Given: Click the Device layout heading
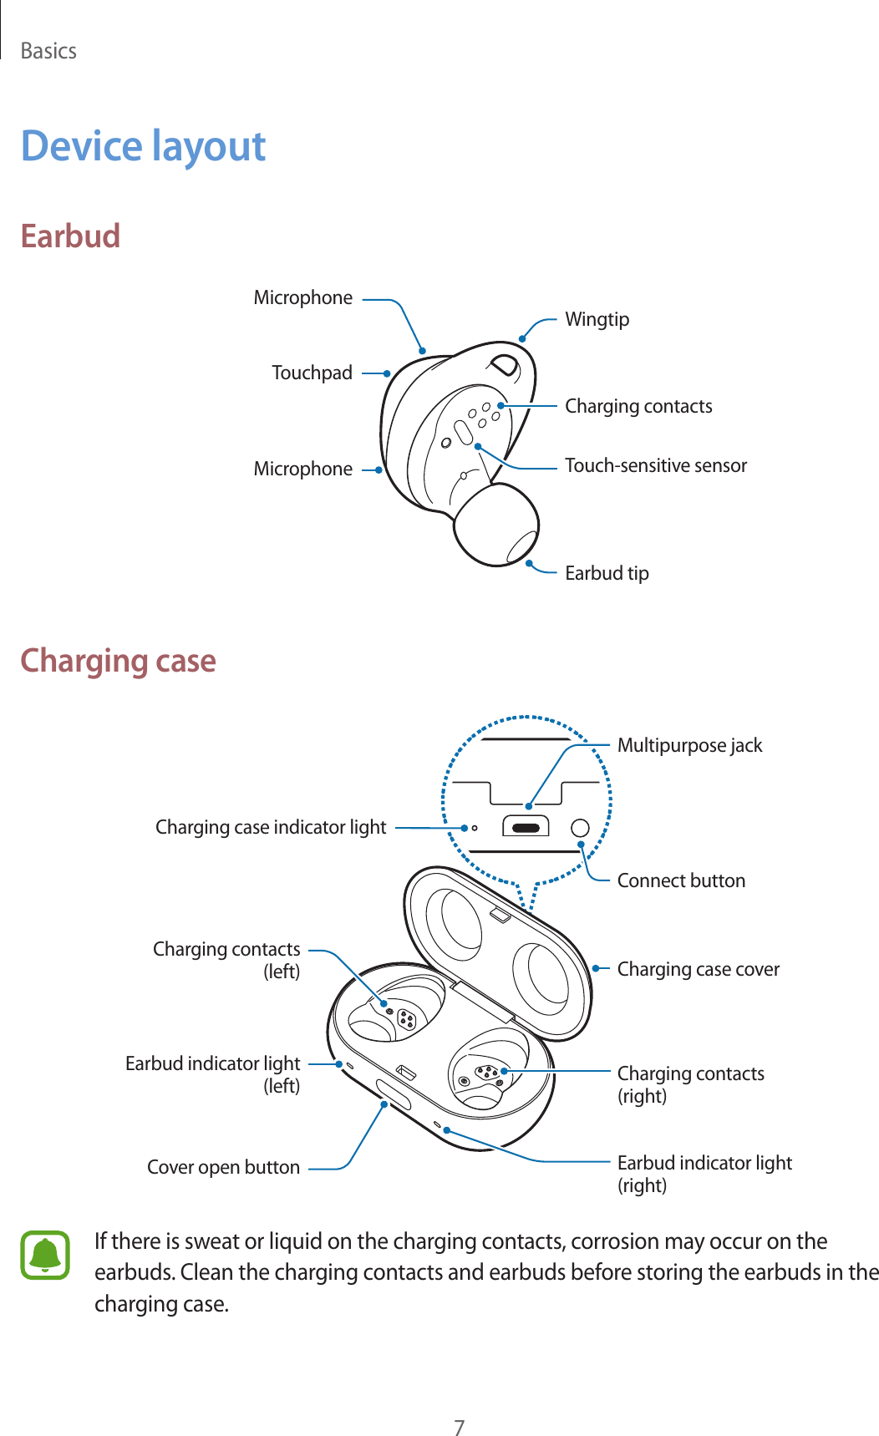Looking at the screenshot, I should pos(143,147).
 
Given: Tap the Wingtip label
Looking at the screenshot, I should pos(597,319).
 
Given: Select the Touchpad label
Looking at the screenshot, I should pos(312,373).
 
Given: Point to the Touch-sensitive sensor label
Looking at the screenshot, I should pos(656,465).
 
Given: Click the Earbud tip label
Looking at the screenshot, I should pos(607,573).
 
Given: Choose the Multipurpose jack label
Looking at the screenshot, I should pos(689,745).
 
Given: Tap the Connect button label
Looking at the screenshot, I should pos(681,880).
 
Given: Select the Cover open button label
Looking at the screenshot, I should pos(223,1167).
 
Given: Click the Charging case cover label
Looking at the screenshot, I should pos(698,969).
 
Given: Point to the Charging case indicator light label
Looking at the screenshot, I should pos(271,827).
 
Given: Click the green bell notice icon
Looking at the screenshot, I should pos(45,1255).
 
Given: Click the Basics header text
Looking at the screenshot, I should pos(48,51).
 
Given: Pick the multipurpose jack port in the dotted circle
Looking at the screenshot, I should pos(526,828).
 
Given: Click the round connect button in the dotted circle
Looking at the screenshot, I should pos(580,828).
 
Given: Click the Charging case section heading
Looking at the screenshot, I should pos(118,661).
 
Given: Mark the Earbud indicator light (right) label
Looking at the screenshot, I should pos(704,1174).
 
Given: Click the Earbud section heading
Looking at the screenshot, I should pos(70,236).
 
